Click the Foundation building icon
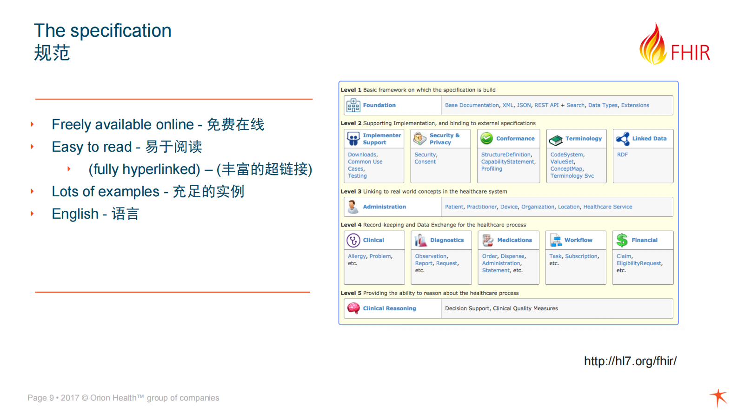tap(353, 106)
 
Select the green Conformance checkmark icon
tap(486, 139)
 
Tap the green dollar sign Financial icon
tap(622, 240)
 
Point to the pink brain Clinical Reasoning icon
tap(353, 308)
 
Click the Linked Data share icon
tap(623, 139)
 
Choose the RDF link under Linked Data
tap(622, 154)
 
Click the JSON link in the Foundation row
tap(524, 105)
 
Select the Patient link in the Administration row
tap(454, 207)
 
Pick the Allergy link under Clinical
tap(357, 256)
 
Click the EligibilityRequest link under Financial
tap(638, 263)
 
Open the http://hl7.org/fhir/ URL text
tap(630, 361)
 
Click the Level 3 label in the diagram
tap(351, 192)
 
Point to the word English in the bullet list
tap(75, 214)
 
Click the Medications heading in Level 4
tap(514, 240)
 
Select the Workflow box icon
tap(556, 240)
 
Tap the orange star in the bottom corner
tap(718, 397)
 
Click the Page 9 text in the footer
tap(40, 398)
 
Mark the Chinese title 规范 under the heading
tap(52, 53)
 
